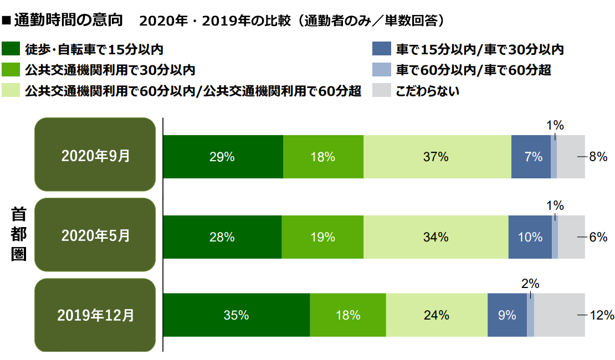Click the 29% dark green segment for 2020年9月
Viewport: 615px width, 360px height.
223,157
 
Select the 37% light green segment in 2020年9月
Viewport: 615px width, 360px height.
437,157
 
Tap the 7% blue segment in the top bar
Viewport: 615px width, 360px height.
531,157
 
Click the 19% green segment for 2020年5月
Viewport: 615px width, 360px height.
322,237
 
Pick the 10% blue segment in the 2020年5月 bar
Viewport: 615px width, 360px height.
530,237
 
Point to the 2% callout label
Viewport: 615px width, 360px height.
530,284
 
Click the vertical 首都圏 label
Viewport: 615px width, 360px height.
18,234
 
